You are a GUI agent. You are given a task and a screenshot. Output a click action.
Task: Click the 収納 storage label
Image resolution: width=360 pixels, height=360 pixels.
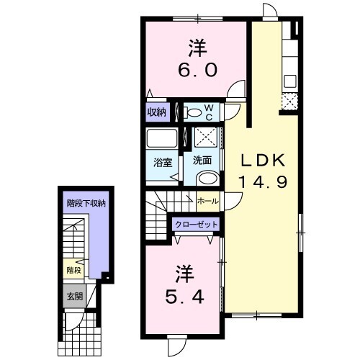click(156, 112)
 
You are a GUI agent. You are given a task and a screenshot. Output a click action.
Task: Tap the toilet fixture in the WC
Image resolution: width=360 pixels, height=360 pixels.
click(192, 112)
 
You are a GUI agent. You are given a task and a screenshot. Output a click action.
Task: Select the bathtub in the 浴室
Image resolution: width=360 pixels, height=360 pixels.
click(162, 138)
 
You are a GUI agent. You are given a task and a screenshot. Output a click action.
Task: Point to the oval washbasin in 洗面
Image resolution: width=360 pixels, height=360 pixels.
click(208, 179)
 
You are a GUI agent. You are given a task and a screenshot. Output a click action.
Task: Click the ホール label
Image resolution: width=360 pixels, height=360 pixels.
click(208, 201)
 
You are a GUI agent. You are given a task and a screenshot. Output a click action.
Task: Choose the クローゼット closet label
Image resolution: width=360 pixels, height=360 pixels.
click(197, 225)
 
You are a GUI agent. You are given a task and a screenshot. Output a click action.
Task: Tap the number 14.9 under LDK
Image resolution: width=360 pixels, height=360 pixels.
click(263, 182)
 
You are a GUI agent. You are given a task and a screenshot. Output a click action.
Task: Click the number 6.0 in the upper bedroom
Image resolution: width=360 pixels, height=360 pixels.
click(197, 70)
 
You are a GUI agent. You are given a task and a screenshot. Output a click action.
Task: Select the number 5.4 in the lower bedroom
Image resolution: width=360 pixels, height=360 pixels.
click(185, 297)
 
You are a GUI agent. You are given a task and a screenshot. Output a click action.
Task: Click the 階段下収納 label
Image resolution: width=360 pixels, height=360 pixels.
click(86, 204)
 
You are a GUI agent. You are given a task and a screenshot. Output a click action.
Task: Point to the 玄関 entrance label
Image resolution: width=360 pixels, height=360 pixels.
click(75, 297)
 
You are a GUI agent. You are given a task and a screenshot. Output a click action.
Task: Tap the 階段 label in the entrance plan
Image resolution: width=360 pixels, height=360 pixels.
click(74, 271)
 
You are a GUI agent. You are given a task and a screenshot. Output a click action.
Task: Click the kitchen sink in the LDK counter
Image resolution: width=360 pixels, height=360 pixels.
click(290, 81)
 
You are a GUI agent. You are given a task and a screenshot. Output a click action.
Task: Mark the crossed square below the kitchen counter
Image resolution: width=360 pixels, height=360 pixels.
click(289, 102)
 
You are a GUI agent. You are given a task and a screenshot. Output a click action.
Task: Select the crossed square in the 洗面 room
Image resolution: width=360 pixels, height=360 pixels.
click(206, 138)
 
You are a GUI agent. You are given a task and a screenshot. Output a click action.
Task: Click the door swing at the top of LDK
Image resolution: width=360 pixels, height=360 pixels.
click(270, 10)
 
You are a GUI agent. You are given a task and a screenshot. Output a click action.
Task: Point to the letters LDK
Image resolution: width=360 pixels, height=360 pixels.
click(263, 161)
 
